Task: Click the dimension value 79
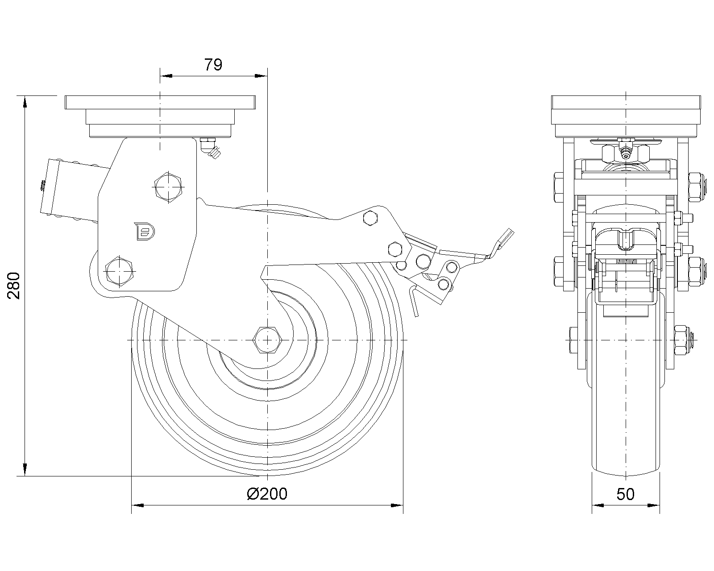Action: click(x=213, y=65)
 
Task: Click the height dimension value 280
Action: click(x=13, y=285)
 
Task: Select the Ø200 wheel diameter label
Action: click(x=267, y=494)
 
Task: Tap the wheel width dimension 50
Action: click(x=625, y=494)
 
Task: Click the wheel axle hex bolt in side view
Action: click(x=267, y=340)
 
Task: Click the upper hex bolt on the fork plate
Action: click(x=168, y=187)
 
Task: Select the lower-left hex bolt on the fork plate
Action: click(x=119, y=271)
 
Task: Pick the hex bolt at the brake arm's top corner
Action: click(x=371, y=218)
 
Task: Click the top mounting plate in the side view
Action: click(x=160, y=103)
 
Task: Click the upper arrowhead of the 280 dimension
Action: click(x=25, y=102)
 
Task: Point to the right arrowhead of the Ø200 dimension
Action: click(x=397, y=505)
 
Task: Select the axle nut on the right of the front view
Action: click(x=683, y=340)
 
